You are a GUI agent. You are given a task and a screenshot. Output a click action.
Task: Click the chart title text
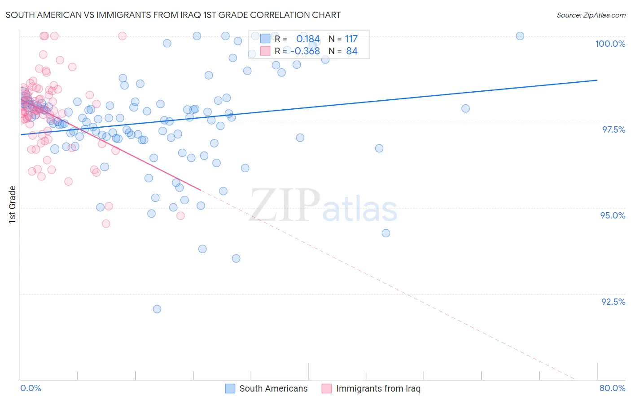click(173, 15)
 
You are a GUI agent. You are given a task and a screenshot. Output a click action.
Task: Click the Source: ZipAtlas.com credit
click(591, 15)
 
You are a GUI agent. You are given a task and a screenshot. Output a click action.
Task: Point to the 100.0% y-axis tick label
click(610, 44)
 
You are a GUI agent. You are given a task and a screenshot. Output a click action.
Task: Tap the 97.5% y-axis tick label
click(613, 129)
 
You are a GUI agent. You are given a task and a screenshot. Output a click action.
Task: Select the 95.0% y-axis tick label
click(613, 215)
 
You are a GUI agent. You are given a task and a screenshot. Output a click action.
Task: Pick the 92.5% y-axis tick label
click(613, 302)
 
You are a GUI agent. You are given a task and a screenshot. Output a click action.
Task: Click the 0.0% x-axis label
click(31, 388)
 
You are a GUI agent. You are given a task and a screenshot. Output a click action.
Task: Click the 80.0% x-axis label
click(612, 388)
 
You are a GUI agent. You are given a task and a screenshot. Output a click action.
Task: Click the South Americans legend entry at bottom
click(267, 388)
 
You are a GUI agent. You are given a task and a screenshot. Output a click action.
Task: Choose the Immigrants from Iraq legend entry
click(371, 388)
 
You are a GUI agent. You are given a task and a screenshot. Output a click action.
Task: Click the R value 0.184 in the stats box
click(308, 39)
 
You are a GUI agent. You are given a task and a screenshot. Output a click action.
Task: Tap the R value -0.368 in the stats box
click(305, 51)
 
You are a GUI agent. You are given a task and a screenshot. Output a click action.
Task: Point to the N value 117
click(351, 39)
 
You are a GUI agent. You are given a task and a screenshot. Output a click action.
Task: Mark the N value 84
click(352, 51)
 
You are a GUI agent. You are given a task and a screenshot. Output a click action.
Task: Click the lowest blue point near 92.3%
click(157, 309)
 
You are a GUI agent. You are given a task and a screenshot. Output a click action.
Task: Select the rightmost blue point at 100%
click(520, 36)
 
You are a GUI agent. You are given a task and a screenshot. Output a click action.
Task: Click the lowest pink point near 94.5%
click(106, 223)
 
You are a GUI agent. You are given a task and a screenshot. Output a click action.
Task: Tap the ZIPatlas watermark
click(323, 206)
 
